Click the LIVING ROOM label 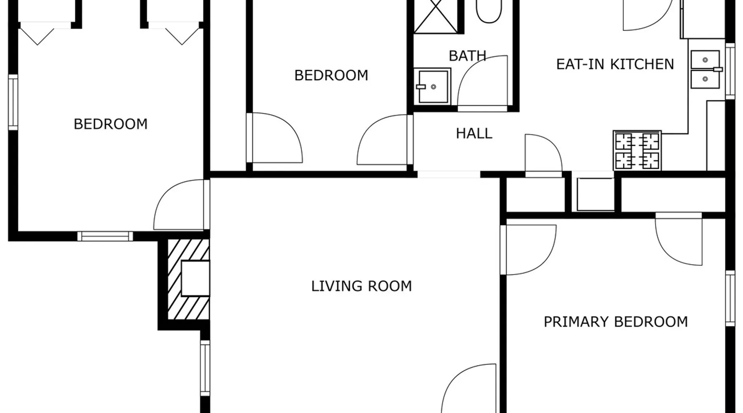[362, 286]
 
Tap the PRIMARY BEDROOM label [615, 322]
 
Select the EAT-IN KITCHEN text [615, 64]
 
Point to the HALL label [474, 133]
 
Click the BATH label [467, 56]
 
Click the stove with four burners [637, 150]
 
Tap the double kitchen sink [705, 69]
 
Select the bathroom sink [433, 86]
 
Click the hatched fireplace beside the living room [188, 280]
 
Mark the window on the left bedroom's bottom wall [105, 236]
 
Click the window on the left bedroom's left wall [13, 102]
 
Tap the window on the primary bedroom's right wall [730, 298]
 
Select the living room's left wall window [205, 368]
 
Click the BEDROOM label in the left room [111, 124]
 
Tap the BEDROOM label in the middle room [331, 75]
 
